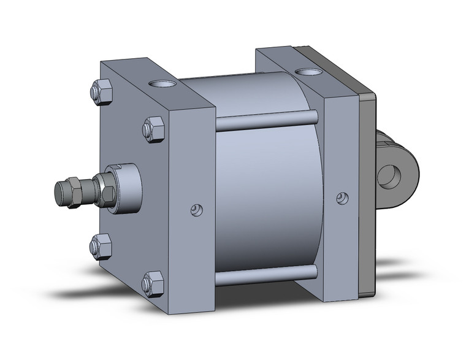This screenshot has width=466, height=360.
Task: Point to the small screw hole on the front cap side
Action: click(x=196, y=210)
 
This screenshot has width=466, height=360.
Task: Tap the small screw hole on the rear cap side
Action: click(x=342, y=198)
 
